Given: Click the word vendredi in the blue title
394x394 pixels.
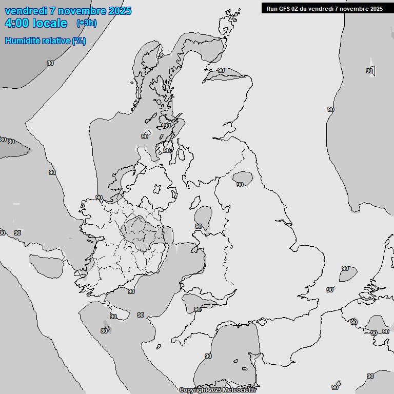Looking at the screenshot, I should pyautogui.click(x=25, y=11).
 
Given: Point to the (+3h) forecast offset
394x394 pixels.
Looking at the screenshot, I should pyautogui.click(x=86, y=23).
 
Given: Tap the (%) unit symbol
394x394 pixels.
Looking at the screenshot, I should pyautogui.click(x=79, y=41).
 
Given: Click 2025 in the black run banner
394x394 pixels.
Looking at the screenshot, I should pyautogui.click(x=375, y=8).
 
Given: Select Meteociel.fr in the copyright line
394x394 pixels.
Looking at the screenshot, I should pyautogui.click(x=238, y=390).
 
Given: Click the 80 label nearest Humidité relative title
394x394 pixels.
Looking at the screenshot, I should pyautogui.click(x=50, y=63).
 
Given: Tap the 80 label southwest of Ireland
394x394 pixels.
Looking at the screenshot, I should pyautogui.click(x=104, y=331).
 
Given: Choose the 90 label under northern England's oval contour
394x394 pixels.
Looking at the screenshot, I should pyautogui.click(x=240, y=185).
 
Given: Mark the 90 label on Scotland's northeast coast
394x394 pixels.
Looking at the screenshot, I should pyautogui.click(x=221, y=70).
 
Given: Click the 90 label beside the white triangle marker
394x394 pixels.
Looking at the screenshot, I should pyautogui.click(x=369, y=71).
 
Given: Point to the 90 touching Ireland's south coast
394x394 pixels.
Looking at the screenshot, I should pyautogui.click(x=131, y=291).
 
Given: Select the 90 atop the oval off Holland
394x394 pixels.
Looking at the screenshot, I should pyautogui.click(x=345, y=268).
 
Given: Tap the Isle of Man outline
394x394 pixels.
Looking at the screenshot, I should pyautogui.click(x=196, y=201).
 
